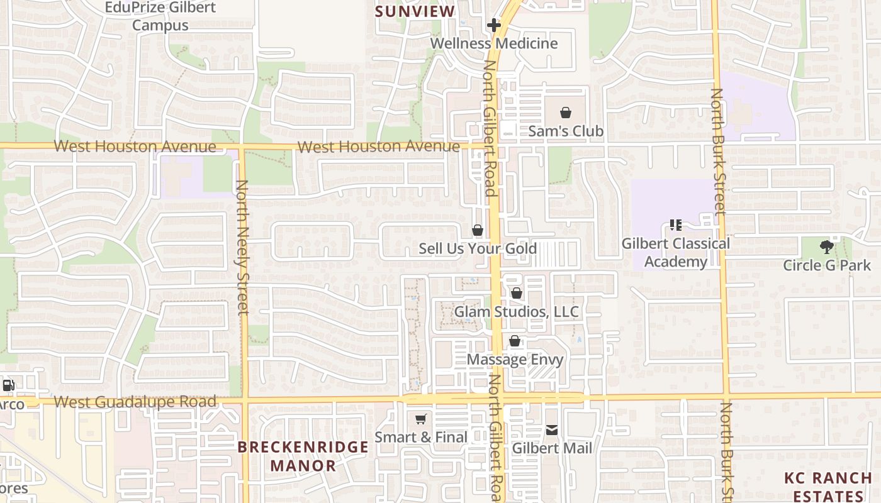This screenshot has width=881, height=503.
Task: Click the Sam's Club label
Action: (x=565, y=131)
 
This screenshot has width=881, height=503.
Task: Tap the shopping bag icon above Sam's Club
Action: (x=566, y=113)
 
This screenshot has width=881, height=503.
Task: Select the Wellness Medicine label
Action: (x=494, y=43)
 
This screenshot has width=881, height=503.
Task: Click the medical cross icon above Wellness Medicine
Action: (x=494, y=25)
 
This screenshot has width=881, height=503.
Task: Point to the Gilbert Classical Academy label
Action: (x=676, y=252)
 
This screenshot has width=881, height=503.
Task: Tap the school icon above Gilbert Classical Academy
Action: (x=676, y=225)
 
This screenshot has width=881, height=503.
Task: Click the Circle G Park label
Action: (x=827, y=265)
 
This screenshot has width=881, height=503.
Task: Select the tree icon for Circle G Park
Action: (x=827, y=247)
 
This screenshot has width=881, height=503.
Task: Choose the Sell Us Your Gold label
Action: (x=478, y=248)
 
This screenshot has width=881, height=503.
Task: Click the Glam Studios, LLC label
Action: (x=516, y=312)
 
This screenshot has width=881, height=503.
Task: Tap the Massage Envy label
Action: (x=515, y=360)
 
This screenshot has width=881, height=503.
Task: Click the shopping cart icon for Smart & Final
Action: (x=421, y=419)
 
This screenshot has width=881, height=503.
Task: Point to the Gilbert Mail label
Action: (x=552, y=448)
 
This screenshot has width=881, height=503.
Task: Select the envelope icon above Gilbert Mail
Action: (x=552, y=431)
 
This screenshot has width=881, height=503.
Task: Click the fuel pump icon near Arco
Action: (x=8, y=385)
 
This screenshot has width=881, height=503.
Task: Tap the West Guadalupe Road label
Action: (x=135, y=402)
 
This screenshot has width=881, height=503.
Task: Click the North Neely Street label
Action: (x=242, y=247)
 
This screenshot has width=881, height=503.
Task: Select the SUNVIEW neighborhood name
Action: (x=415, y=11)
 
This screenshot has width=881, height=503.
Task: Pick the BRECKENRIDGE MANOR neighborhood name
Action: (x=303, y=456)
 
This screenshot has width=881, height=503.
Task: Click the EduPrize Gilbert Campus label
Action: (x=160, y=16)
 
